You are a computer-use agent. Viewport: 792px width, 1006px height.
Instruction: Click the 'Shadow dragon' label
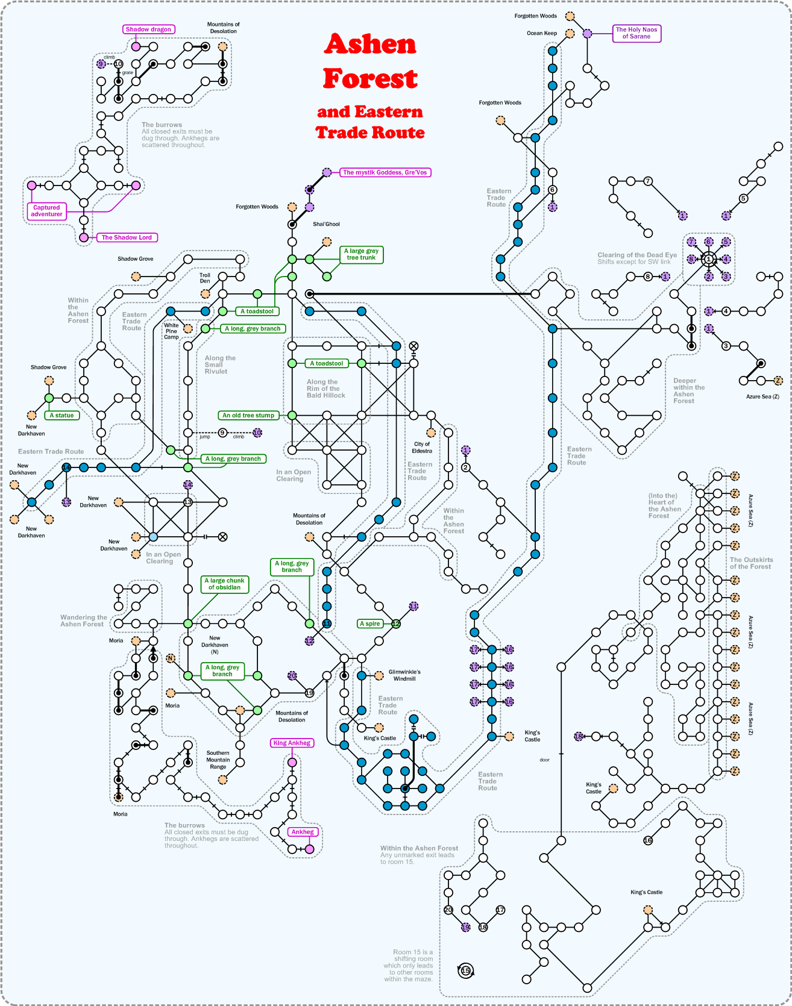(148, 30)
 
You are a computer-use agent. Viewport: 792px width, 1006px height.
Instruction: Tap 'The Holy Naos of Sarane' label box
(636, 33)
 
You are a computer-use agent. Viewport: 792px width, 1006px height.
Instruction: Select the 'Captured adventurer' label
(46, 211)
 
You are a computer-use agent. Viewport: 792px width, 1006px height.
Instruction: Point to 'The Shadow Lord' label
(127, 237)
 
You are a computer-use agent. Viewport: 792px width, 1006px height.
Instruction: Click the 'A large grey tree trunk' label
(361, 254)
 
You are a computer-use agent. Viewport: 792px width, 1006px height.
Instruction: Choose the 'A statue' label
(61, 415)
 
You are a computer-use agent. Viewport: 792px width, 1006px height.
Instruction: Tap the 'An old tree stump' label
(248, 415)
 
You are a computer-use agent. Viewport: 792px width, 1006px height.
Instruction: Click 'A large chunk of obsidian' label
(224, 584)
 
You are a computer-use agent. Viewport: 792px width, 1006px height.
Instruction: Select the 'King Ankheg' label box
(292, 743)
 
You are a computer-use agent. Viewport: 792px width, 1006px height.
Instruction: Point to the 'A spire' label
(369, 623)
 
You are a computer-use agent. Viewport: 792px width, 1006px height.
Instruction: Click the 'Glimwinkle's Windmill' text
(404, 675)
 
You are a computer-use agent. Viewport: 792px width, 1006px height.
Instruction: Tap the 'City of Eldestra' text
(422, 448)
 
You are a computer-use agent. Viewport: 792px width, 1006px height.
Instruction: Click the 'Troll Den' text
(205, 278)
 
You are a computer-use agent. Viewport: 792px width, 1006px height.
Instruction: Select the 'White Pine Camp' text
(171, 331)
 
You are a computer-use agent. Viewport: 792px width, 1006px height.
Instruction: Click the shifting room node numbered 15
(465, 970)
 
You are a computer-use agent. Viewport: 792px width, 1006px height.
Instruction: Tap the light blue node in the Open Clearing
(153, 537)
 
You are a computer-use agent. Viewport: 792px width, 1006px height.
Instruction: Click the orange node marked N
(171, 658)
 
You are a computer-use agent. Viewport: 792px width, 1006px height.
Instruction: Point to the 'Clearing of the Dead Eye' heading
(637, 255)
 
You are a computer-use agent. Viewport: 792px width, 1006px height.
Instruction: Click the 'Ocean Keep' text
(542, 33)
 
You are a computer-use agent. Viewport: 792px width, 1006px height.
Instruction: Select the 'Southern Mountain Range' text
(218, 760)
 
